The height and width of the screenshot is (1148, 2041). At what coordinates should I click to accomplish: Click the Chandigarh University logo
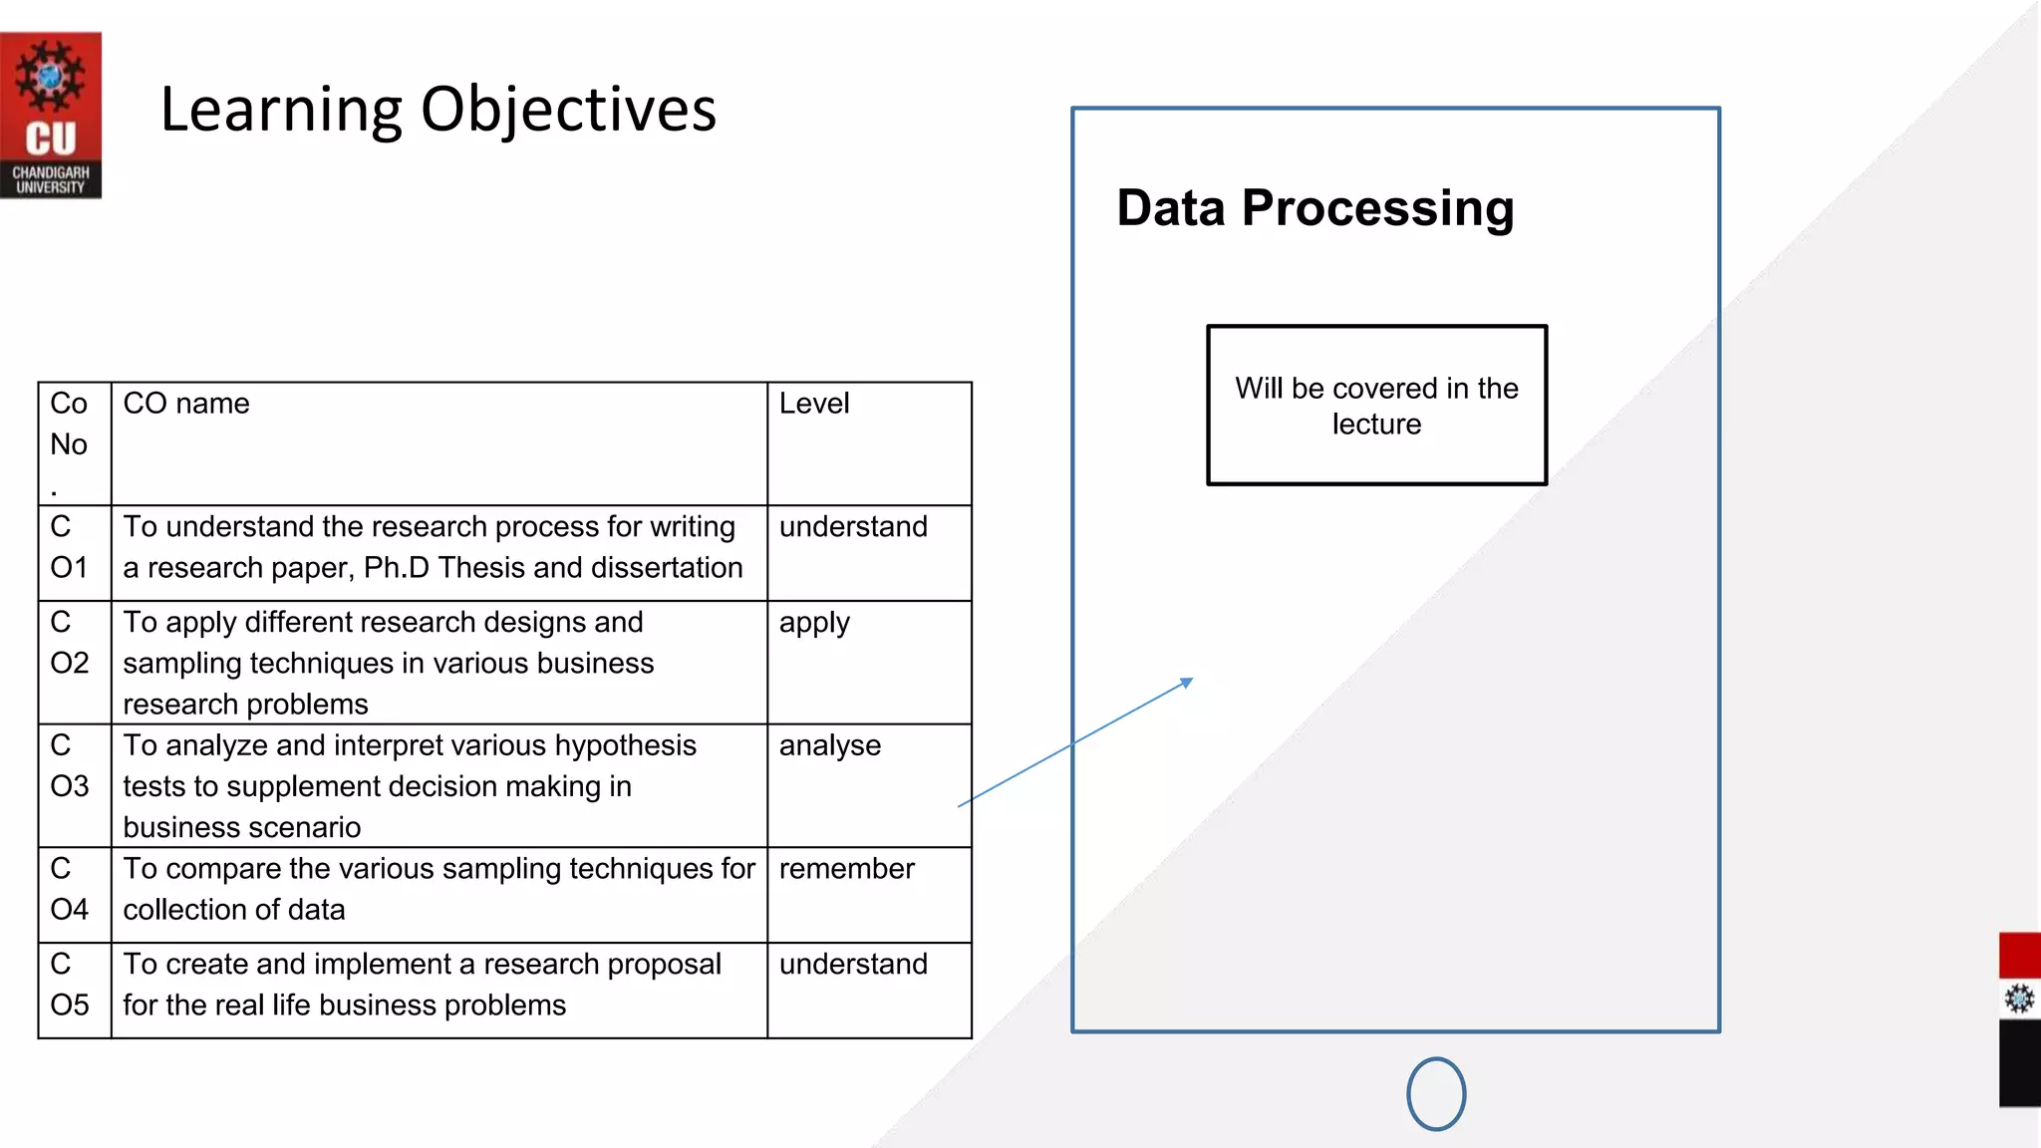click(50, 115)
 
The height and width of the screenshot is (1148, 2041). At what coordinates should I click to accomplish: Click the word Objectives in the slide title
click(568, 110)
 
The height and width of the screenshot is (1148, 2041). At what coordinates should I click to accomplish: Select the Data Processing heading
click(1314, 208)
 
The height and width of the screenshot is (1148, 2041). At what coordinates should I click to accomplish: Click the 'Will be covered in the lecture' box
click(1376, 406)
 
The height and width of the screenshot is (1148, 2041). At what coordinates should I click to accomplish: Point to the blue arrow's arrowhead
click(1187, 683)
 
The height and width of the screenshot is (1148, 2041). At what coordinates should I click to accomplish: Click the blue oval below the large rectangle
click(1436, 1094)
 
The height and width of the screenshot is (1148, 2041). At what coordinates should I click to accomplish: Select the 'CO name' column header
click(186, 404)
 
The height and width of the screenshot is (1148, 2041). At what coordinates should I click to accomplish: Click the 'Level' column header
click(814, 404)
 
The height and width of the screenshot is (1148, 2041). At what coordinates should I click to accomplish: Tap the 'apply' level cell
click(814, 623)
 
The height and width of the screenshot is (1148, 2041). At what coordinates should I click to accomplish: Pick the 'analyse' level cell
click(829, 745)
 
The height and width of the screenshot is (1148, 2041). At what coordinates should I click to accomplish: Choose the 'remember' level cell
click(846, 869)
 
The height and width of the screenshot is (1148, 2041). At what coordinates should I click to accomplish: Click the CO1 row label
click(69, 547)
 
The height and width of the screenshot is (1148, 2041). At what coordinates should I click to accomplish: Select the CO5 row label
click(69, 985)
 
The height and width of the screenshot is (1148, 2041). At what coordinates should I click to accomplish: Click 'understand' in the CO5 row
click(853, 965)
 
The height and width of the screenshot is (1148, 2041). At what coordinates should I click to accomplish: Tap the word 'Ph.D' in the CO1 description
click(396, 568)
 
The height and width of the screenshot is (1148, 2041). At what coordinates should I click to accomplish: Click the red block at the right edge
click(2019, 955)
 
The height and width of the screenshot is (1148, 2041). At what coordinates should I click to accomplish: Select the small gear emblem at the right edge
click(2019, 999)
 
